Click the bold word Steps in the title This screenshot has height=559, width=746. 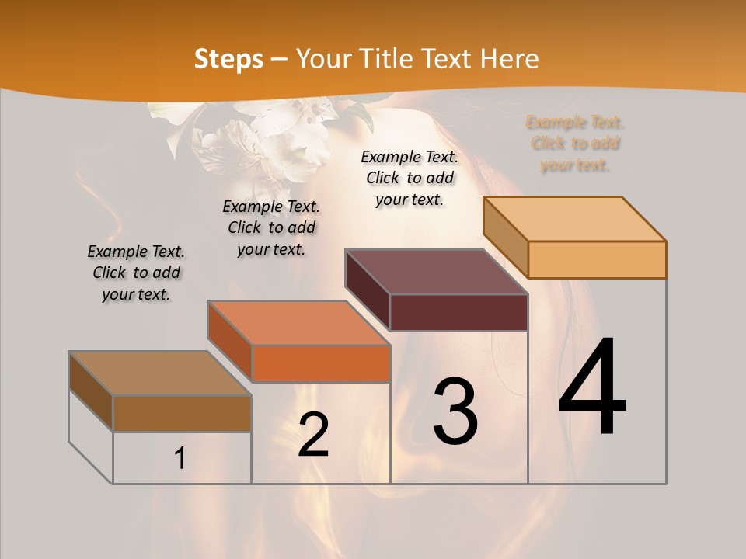point(228,59)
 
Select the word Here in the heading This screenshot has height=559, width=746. point(510,59)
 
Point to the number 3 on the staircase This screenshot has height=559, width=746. point(455,411)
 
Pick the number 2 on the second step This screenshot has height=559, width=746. point(313,435)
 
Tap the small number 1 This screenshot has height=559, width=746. point(180,459)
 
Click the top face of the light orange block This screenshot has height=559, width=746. point(573,218)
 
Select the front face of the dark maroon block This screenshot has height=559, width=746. point(458,312)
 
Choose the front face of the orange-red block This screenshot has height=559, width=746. point(321,363)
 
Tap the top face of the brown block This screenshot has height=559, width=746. point(159,373)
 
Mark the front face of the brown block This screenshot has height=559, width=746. point(182,413)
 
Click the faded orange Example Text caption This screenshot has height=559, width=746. point(575,144)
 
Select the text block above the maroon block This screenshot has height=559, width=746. point(410,178)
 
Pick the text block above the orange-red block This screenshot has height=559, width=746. point(271,227)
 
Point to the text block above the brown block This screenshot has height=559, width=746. point(136,273)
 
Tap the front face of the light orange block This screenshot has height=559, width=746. point(597,259)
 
